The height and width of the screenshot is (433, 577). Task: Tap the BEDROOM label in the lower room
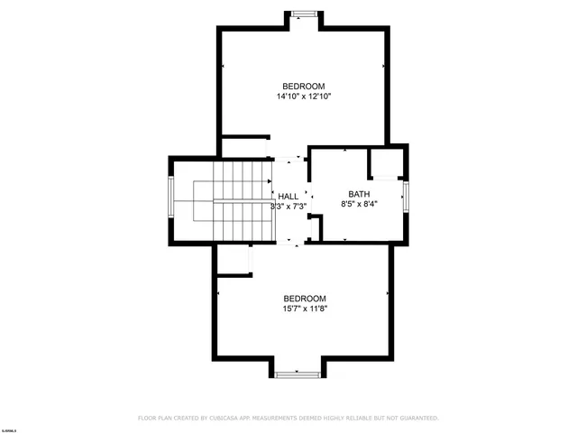pos(305,299)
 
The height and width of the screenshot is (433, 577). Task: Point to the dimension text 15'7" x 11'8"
pos(305,309)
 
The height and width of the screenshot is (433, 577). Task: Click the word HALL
pos(288,197)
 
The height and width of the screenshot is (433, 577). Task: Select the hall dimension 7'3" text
pos(298,207)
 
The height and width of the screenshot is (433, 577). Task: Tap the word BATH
pos(359,194)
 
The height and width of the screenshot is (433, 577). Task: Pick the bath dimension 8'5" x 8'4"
pos(359,205)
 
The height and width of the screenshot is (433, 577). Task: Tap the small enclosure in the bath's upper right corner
pos(386,162)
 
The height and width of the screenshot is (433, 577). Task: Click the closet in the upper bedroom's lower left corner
pos(244,148)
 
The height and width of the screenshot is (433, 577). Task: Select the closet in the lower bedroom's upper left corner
pos(233,261)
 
